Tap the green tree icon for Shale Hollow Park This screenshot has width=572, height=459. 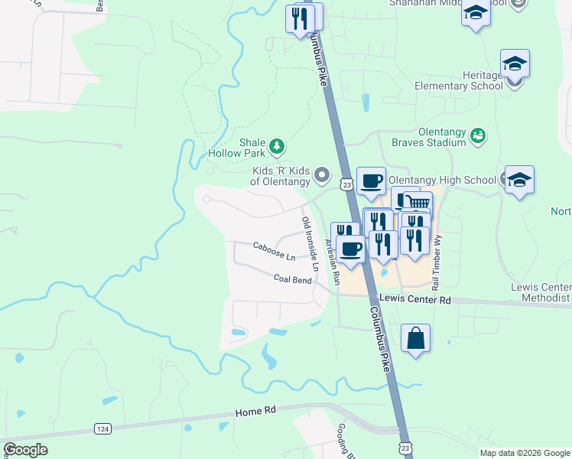coord(277,145)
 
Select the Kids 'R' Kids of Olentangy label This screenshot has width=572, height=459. coord(280,176)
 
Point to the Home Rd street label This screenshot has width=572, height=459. coord(255,412)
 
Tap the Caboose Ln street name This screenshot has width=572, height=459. coord(274,250)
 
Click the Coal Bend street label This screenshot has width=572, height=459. coord(292,279)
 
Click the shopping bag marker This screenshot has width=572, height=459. coord(415,338)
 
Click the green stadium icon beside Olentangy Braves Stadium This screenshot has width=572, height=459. coord(479,135)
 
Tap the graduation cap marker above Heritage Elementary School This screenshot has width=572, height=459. coord(515,64)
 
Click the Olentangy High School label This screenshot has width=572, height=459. coord(442,180)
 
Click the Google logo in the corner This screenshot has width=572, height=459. coord(25,449)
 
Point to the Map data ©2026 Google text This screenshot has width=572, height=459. coord(524,453)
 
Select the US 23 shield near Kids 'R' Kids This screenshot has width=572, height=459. coord(346,184)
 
